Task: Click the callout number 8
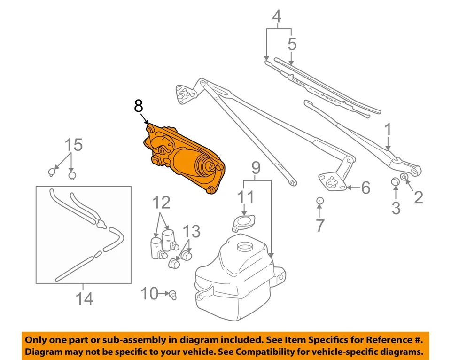138,107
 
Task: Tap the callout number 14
85,298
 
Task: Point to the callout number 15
74,145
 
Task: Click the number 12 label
161,203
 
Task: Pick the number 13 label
192,231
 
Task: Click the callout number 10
150,295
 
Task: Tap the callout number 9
255,167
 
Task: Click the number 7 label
320,225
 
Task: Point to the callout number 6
365,188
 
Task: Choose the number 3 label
396,207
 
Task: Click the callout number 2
418,197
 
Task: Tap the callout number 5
292,44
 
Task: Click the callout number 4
277,17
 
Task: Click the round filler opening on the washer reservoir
244,246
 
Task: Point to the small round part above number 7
319,201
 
